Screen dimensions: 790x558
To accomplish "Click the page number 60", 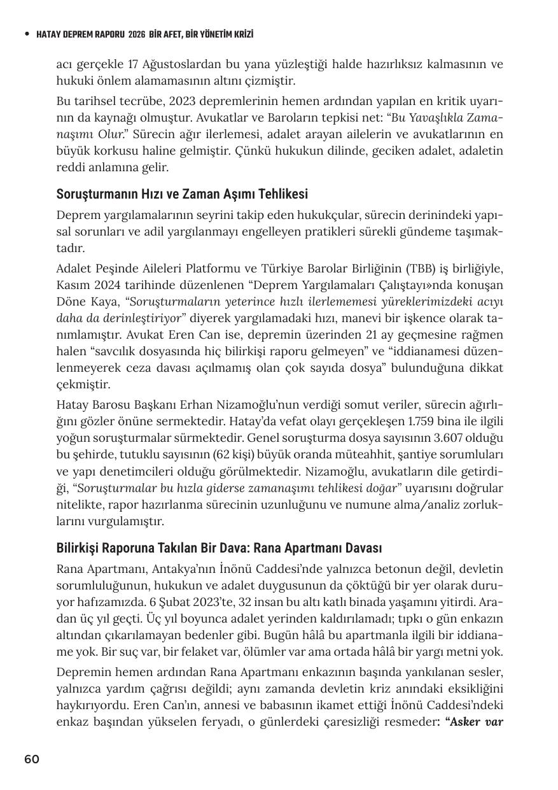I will tap(32, 759).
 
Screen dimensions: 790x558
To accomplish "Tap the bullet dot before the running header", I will tap(27, 34).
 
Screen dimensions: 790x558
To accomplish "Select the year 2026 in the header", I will tap(136, 34).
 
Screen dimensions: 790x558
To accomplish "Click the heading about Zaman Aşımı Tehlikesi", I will tap(182, 194).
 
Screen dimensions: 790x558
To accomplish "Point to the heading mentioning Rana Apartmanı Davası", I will tap(219, 547).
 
